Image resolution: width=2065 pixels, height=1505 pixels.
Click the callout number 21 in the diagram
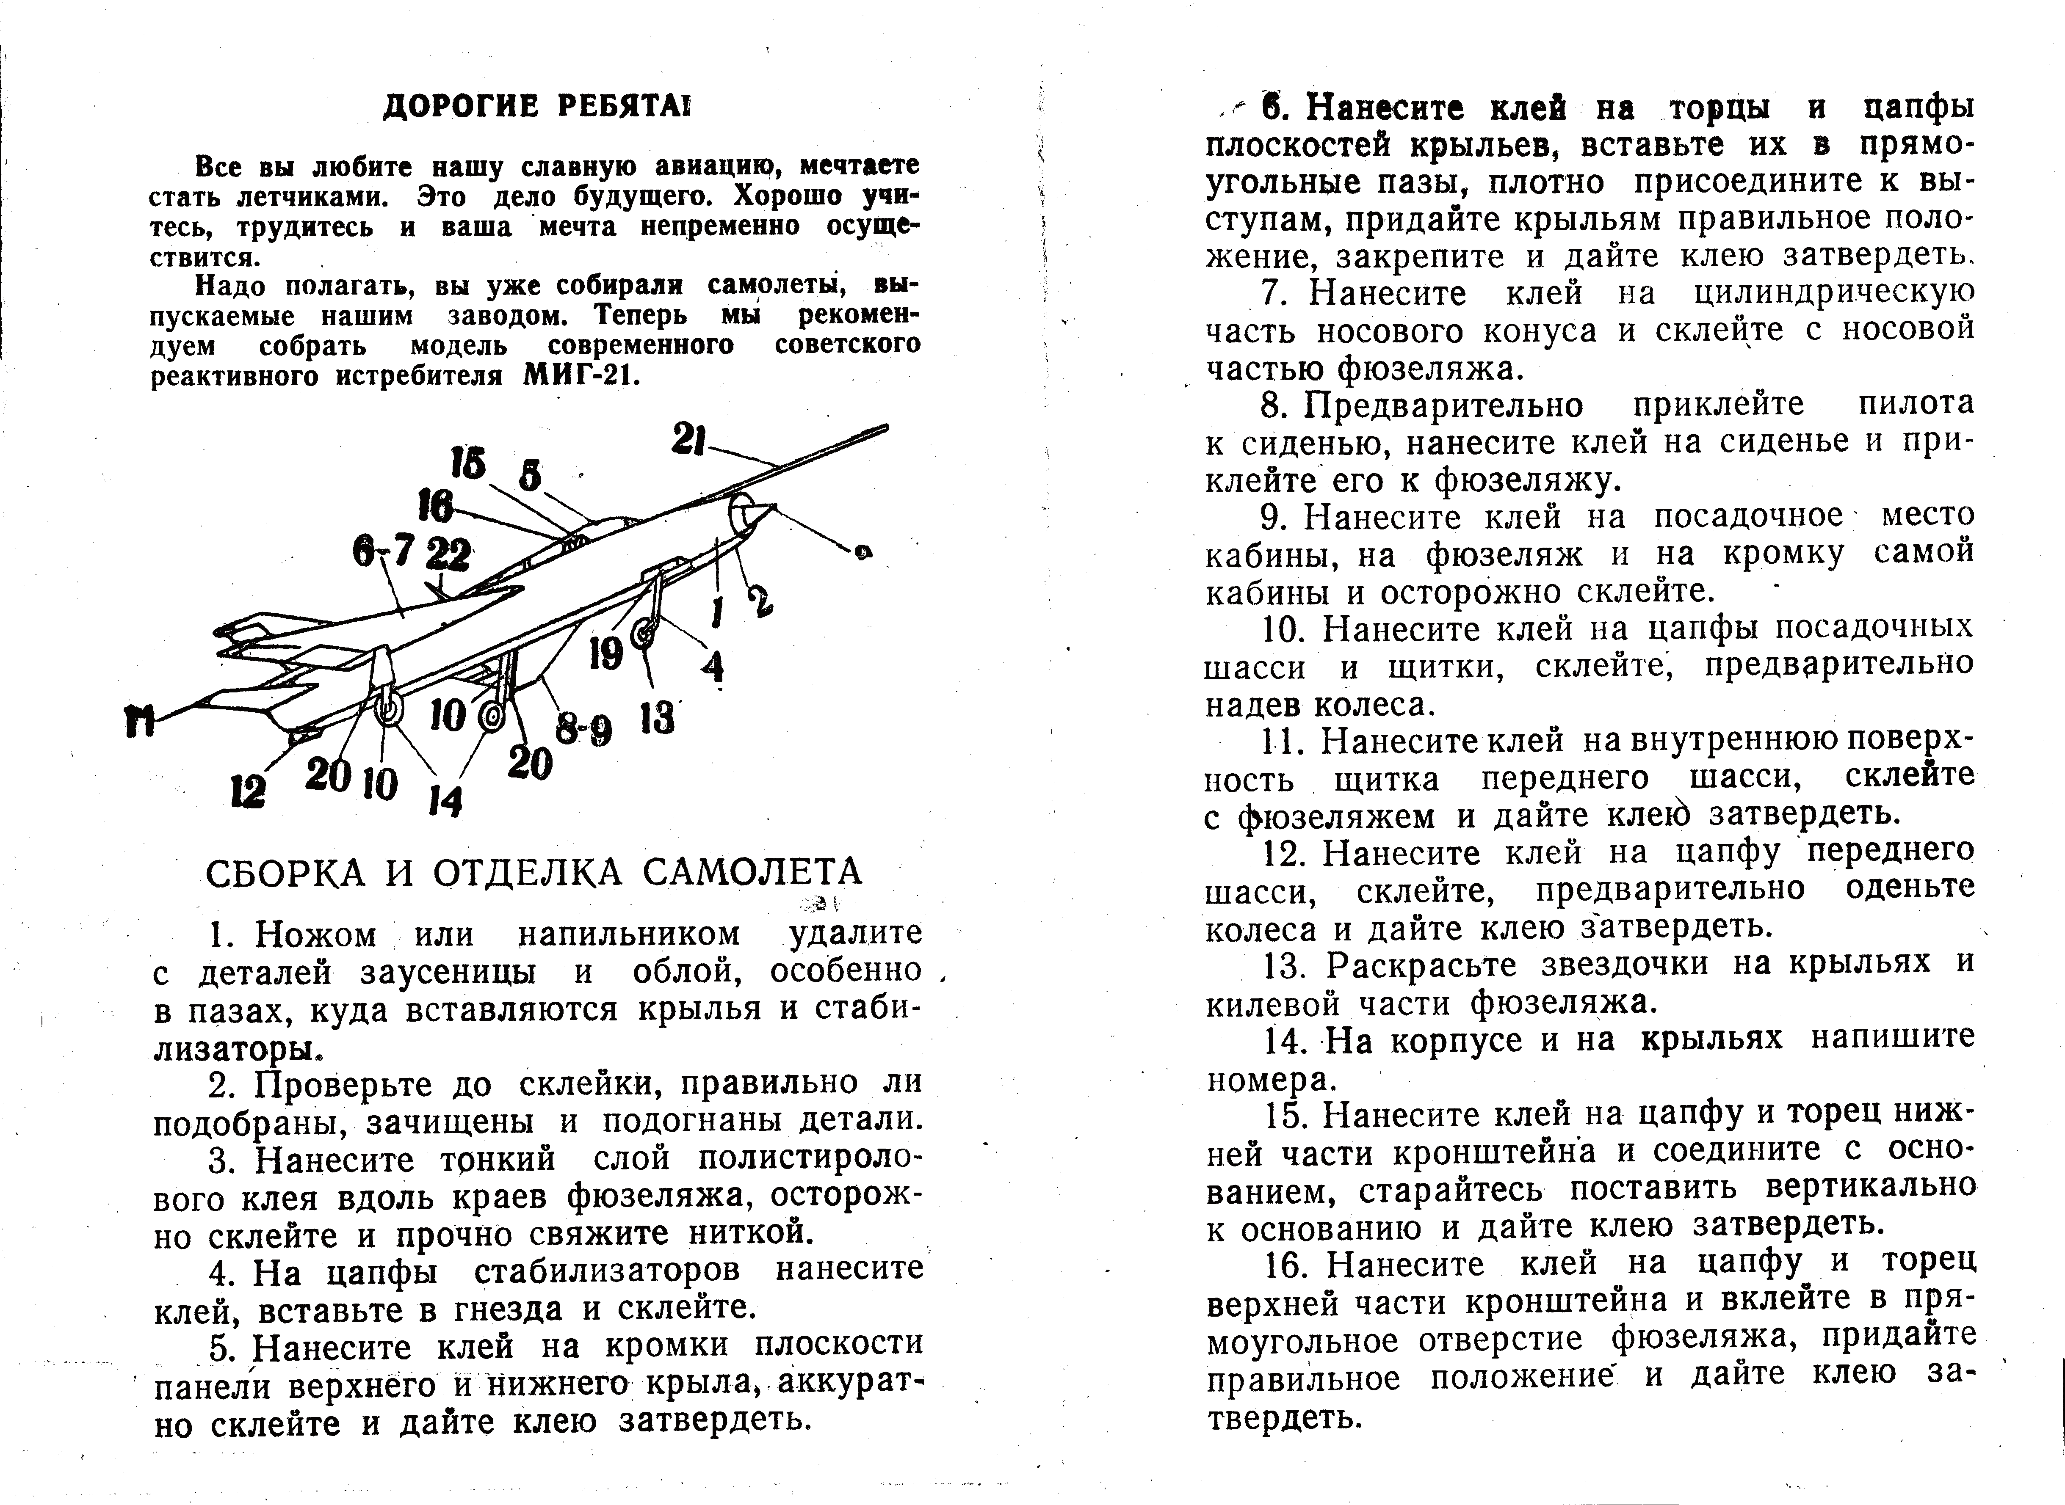pos(689,441)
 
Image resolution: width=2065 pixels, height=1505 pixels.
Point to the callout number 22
pos(448,554)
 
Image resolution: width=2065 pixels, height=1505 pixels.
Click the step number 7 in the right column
pos(1272,294)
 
